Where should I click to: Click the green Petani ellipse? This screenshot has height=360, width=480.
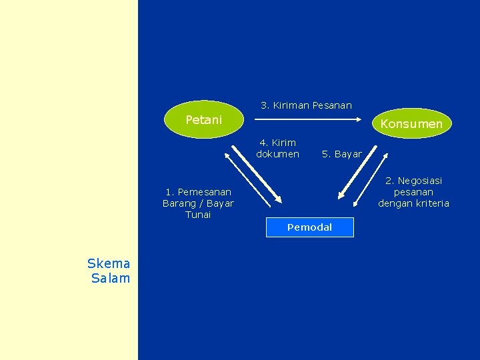[204, 119]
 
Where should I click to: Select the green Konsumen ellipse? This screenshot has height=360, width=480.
[411, 123]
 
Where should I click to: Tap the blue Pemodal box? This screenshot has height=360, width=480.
[309, 227]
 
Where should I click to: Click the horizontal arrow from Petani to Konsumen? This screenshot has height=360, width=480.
[311, 121]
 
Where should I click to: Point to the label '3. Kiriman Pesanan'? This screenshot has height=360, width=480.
[306, 105]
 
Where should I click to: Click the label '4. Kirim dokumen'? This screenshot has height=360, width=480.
[277, 148]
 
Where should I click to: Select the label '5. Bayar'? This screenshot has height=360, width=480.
[341, 154]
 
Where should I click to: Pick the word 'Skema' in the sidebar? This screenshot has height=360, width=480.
[109, 264]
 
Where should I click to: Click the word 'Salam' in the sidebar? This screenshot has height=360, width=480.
[111, 278]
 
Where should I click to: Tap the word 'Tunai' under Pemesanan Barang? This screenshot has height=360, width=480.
[198, 215]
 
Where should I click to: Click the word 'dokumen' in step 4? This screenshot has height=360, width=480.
[277, 154]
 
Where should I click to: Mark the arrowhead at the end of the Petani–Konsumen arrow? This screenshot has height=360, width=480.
[365, 121]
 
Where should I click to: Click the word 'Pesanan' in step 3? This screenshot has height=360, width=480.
[332, 105]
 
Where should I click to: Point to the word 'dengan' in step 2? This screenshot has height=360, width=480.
[395, 203]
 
